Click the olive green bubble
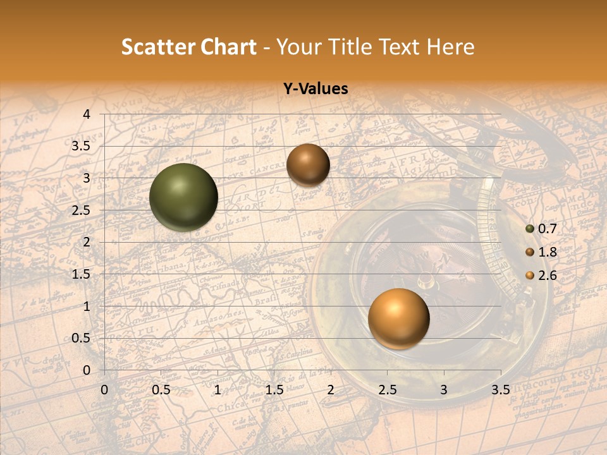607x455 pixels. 183,197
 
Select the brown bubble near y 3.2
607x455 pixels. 308,165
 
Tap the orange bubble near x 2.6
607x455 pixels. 398,318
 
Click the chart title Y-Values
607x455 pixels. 316,89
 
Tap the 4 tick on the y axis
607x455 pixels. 87,114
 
